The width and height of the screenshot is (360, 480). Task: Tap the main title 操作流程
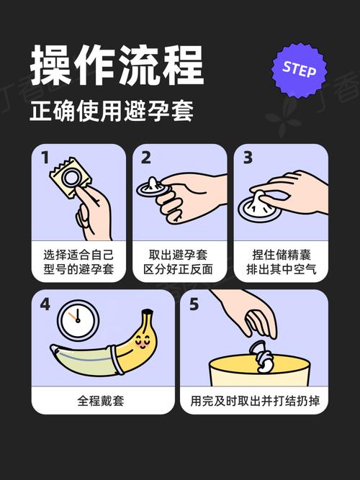(x=116, y=65)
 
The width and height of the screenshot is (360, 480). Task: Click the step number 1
(x=45, y=158)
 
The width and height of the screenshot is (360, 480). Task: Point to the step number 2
(x=146, y=158)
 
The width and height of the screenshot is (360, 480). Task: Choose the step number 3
(x=247, y=158)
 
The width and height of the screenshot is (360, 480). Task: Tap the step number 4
(x=45, y=304)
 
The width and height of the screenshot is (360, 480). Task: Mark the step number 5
(x=194, y=304)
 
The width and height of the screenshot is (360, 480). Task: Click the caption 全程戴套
(x=101, y=401)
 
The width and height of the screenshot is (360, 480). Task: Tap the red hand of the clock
(x=73, y=315)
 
